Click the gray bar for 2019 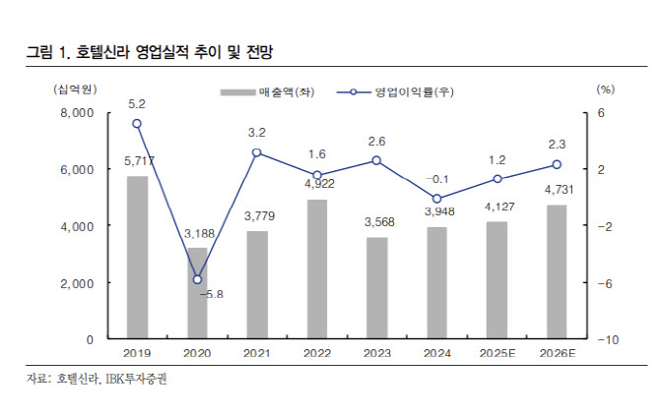click(x=137, y=258)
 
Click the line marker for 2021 click(x=256, y=152)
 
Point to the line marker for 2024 click(x=436, y=199)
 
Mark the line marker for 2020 click(x=197, y=280)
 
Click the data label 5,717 click(x=138, y=160)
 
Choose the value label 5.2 click(x=137, y=103)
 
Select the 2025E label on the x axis click(x=496, y=352)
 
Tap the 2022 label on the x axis click(x=316, y=352)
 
